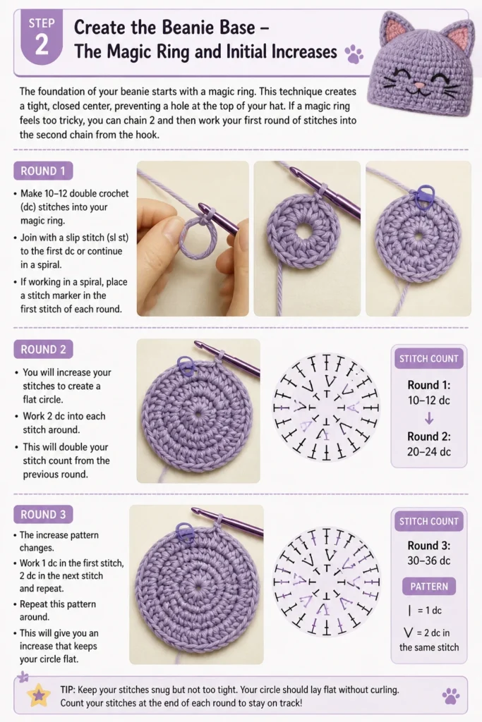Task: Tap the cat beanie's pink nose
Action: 419,86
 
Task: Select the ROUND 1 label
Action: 43,171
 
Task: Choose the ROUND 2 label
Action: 43,350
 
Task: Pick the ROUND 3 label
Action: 43,514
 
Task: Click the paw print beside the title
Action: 354,54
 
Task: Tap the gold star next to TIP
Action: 39,695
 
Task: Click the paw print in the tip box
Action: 451,696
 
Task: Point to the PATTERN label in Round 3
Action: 429,586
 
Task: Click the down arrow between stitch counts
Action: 429,419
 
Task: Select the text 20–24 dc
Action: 429,452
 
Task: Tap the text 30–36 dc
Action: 429,561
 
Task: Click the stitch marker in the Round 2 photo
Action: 185,365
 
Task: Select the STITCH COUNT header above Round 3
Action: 429,521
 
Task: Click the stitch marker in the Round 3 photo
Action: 184,531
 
